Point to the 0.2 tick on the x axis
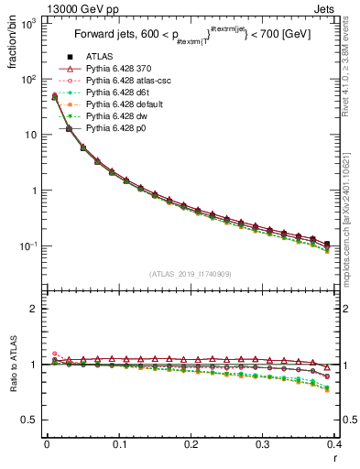pyautogui.click(x=191, y=445)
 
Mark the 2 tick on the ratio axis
pyautogui.click(x=34, y=309)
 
